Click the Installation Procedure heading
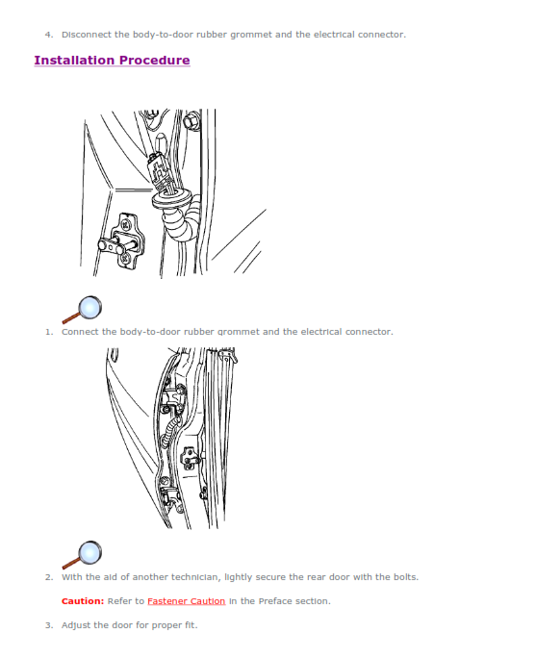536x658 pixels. [x=112, y=61]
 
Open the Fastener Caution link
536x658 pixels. [x=187, y=601]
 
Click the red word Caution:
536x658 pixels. [x=83, y=601]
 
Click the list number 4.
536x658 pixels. [x=48, y=35]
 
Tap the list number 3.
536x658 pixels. [x=49, y=625]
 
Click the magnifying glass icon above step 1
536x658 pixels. [x=82, y=310]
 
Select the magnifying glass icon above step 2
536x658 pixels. [x=82, y=555]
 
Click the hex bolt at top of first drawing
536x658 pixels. [x=191, y=119]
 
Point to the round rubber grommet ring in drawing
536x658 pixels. [x=171, y=198]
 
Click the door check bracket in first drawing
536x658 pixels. [x=122, y=241]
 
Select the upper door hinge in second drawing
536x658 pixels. [x=173, y=398]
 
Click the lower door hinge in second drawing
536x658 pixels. [x=171, y=494]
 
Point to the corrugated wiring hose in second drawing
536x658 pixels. [x=171, y=434]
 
